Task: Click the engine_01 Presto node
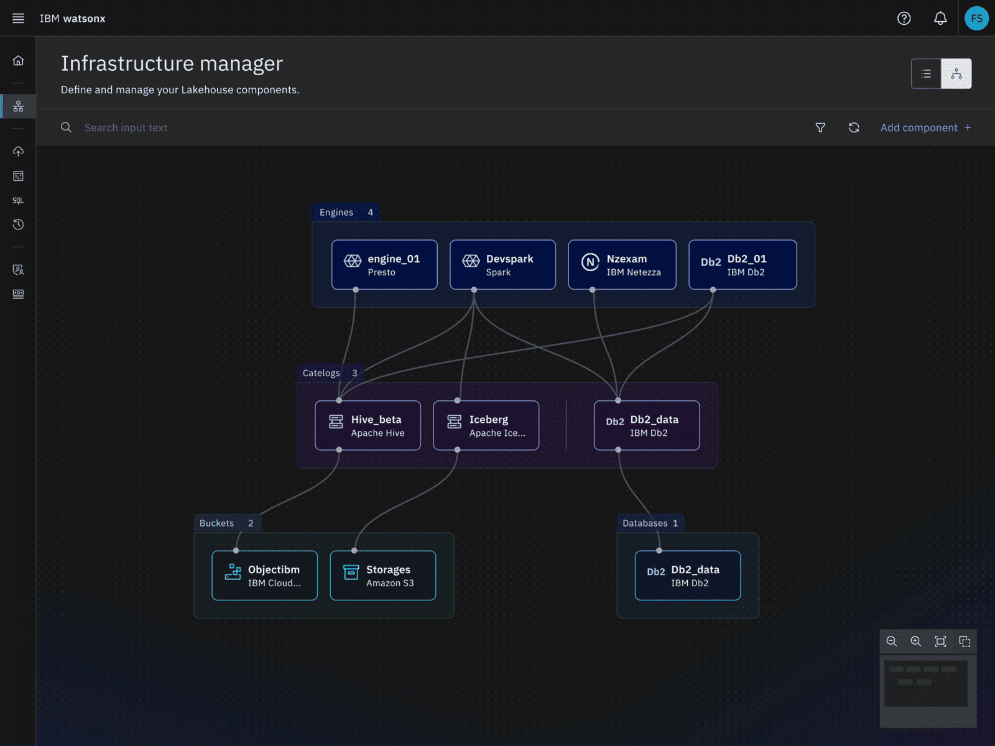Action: tap(384, 265)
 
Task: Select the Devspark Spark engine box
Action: tap(502, 265)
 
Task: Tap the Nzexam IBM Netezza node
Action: tap(622, 265)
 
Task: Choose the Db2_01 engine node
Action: tap(743, 265)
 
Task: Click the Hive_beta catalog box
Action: tap(368, 425)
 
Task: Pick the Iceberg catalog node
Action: tap(486, 425)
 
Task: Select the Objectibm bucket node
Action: tap(265, 575)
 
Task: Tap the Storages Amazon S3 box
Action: tap(383, 575)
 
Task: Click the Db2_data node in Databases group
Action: tap(688, 575)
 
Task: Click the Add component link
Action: tap(925, 127)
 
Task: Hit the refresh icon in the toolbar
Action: tap(854, 127)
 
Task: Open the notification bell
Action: tap(940, 18)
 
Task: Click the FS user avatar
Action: tap(976, 18)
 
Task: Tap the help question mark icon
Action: tap(904, 18)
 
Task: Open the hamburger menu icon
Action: tap(18, 18)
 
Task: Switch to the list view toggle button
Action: tap(926, 73)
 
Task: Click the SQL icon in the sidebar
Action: tap(18, 200)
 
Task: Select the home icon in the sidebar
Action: tap(18, 60)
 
